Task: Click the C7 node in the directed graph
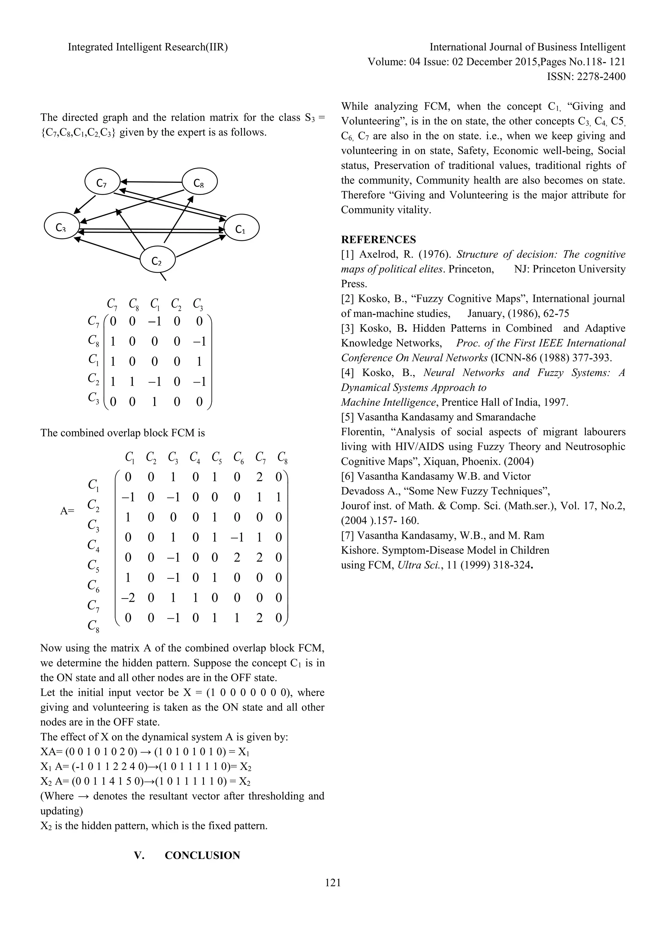coord(102,182)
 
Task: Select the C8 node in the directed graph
coord(199,182)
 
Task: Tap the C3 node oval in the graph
coord(61,227)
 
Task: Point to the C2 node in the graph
coord(157,260)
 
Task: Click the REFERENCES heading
coord(378,240)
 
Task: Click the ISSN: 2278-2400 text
coord(586,77)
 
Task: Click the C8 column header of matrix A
coord(282,457)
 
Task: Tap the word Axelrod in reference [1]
coord(375,254)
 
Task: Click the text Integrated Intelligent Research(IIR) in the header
coord(148,47)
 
